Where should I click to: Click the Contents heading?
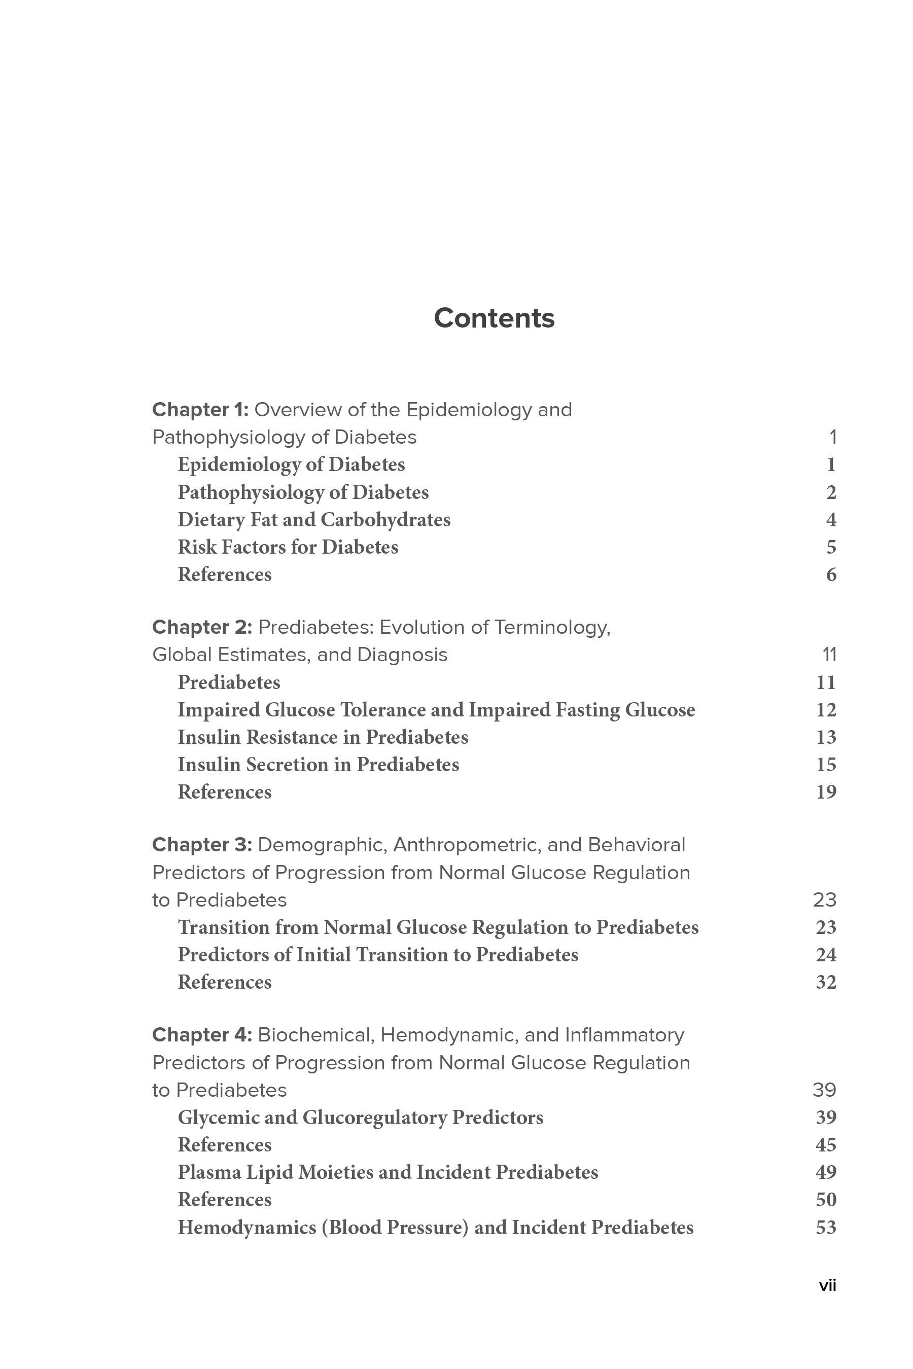pos(494,318)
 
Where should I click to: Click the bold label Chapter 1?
pos(200,410)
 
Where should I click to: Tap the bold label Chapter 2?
pos(201,628)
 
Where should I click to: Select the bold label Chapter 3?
pos(201,845)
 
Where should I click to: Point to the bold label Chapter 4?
pos(201,1035)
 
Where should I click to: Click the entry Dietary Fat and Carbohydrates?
pos(314,520)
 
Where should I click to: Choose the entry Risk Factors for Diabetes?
pos(288,547)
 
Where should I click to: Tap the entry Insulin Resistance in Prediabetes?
pos(323,737)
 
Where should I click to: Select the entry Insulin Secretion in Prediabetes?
pos(318,765)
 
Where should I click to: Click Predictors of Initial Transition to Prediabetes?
pos(378,955)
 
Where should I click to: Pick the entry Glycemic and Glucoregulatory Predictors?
pos(361,1118)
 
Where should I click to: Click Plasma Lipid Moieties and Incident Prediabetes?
pos(388,1172)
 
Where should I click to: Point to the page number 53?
pos(826,1228)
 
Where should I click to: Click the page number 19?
pos(826,792)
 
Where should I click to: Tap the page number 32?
pos(826,983)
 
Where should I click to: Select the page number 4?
pos(831,520)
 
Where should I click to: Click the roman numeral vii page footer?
pos(827,1286)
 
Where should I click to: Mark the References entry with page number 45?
pos(225,1145)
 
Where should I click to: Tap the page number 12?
pos(826,710)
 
